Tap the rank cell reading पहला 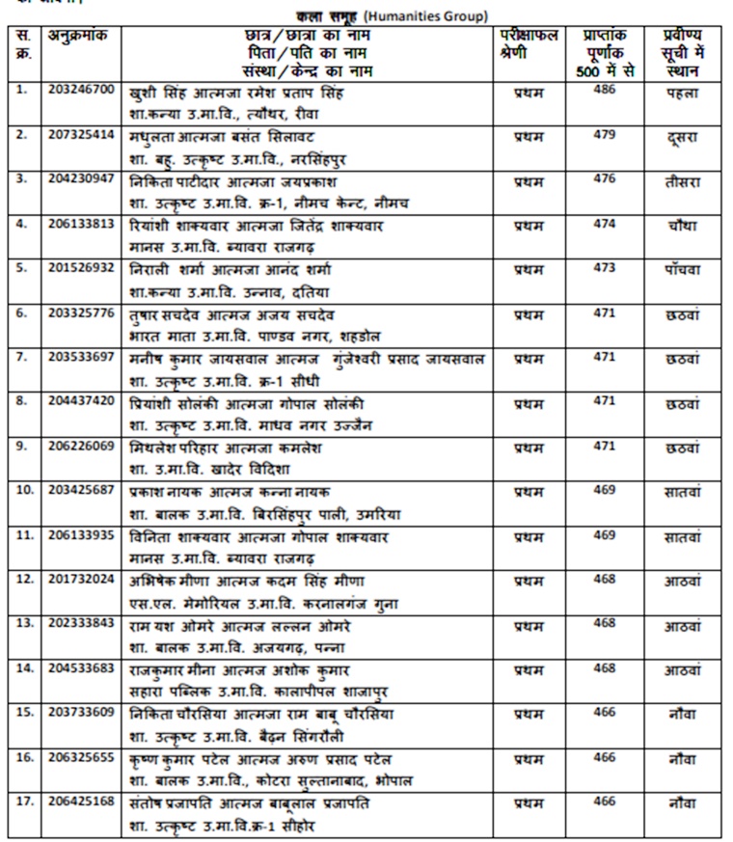point(682,94)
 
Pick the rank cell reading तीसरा point(682,182)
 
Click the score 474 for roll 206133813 point(604,223)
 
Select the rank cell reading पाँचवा point(682,271)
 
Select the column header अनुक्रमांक point(81,36)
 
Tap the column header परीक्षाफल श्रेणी point(529,44)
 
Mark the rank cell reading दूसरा point(682,138)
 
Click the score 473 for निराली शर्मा point(604,267)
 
